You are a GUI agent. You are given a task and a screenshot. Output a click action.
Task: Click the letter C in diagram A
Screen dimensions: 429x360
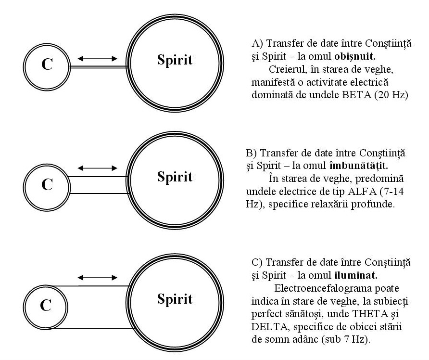47,64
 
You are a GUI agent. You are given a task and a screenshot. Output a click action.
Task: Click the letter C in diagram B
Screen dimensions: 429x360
47,184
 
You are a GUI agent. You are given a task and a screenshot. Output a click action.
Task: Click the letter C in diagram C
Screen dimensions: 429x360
46,305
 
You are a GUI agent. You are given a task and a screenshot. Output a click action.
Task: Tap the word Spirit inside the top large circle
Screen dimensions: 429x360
175,60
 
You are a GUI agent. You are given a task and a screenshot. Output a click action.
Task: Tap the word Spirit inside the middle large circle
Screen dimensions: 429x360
175,177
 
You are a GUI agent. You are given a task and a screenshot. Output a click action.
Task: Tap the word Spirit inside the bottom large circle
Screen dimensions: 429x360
175,299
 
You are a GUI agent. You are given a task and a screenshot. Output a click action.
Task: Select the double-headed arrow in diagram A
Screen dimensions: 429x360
98,58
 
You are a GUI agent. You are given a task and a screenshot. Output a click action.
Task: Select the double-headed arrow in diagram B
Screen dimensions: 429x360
98,168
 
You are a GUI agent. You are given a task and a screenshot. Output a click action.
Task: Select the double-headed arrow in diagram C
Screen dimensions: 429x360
98,278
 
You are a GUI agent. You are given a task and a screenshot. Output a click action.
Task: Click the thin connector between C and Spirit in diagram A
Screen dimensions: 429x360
99,66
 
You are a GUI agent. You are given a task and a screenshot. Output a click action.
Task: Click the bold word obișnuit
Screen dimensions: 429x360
355,56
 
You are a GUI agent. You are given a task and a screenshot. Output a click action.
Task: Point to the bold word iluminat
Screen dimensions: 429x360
356,275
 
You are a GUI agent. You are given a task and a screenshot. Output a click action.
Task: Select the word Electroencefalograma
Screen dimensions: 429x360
322,288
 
